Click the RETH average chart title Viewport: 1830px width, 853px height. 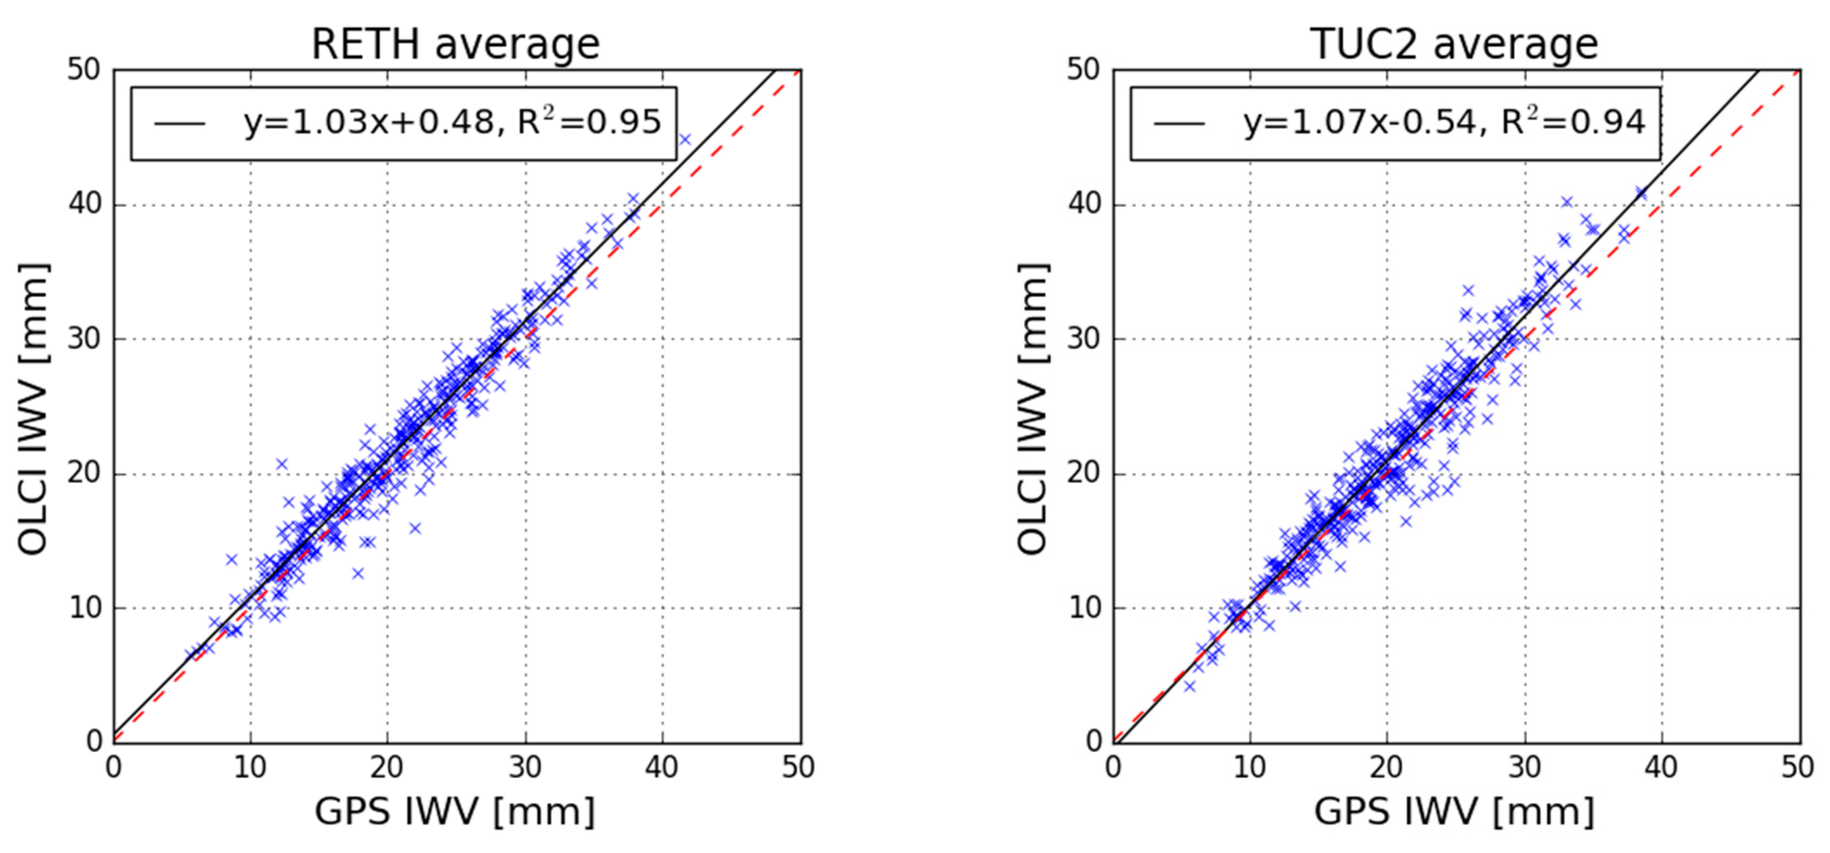(x=455, y=44)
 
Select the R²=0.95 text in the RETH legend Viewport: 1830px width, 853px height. (x=589, y=122)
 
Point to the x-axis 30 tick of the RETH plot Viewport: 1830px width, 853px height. (x=525, y=767)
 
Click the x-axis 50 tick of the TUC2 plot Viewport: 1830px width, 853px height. (x=1797, y=767)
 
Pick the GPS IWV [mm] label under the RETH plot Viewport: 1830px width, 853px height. (x=455, y=811)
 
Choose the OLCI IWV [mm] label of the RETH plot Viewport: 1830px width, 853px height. (x=34, y=408)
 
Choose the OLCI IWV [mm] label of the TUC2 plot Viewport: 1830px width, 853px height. (x=1032, y=408)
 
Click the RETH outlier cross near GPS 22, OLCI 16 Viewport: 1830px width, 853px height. (x=415, y=528)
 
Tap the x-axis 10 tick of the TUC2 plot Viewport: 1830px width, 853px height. (x=1250, y=767)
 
